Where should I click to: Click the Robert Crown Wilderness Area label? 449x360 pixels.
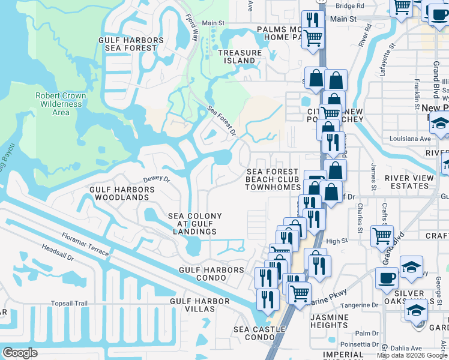[x=61, y=104]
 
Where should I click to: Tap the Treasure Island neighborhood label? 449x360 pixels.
[x=240, y=56]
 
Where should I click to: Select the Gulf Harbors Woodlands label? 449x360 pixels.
[x=122, y=193]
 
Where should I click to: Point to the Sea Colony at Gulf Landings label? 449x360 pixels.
[x=194, y=224]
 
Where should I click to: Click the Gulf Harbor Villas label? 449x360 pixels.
[x=200, y=305]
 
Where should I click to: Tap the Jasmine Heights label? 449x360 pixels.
[x=330, y=321]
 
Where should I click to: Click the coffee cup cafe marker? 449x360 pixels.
[x=387, y=278]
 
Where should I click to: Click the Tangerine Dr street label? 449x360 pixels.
[x=358, y=305]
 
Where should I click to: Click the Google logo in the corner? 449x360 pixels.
[x=20, y=352]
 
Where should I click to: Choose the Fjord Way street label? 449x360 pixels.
[x=191, y=27]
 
